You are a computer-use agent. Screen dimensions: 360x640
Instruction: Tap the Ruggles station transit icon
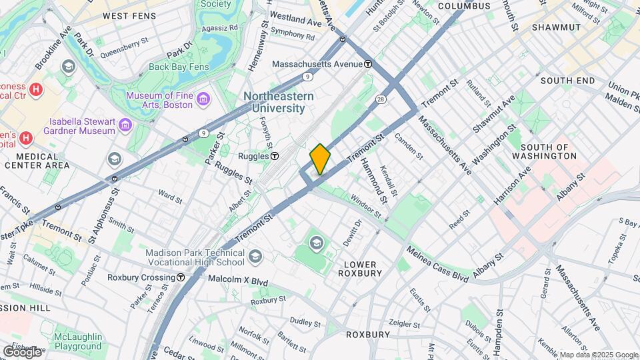click(275, 156)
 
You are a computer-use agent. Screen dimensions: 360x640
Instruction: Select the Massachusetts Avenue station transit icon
click(368, 64)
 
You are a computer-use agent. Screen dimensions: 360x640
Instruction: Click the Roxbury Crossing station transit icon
click(181, 277)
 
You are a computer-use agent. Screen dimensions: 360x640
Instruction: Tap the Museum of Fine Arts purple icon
click(204, 100)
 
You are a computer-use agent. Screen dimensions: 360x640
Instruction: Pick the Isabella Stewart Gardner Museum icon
click(124, 125)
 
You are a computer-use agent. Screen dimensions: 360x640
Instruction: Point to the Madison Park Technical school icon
click(255, 257)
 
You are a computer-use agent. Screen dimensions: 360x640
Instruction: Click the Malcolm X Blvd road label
click(237, 282)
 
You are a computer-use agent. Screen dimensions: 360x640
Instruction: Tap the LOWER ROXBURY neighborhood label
click(360, 267)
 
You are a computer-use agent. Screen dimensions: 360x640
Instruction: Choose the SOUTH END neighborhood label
click(567, 81)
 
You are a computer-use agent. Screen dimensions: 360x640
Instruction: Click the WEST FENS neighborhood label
click(129, 15)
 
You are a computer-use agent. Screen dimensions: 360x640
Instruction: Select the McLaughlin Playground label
click(78, 341)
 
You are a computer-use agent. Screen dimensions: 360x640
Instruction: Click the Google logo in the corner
click(22, 351)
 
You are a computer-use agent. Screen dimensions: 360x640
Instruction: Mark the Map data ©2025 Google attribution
click(599, 355)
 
